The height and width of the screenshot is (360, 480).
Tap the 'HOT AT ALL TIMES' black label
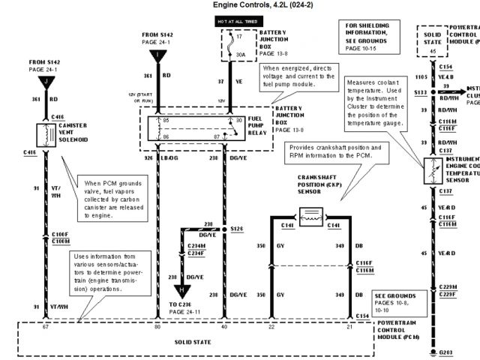point(237,22)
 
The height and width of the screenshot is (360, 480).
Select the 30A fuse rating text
point(240,55)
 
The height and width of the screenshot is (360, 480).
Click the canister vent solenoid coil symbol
point(45,133)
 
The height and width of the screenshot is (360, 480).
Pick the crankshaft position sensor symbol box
point(310,217)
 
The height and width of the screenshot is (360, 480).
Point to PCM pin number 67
point(46,327)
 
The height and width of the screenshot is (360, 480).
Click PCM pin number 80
point(157,327)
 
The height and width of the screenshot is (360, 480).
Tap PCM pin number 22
point(271,327)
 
